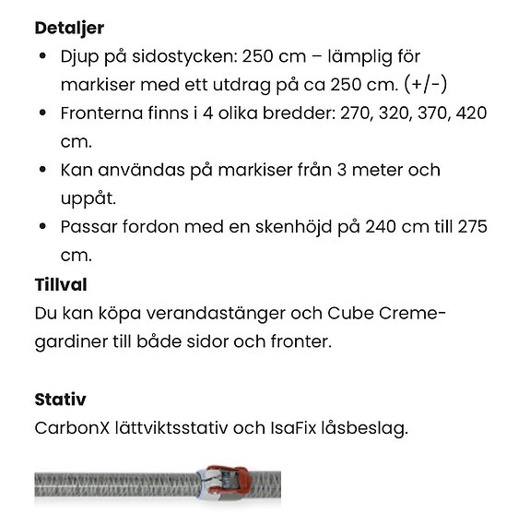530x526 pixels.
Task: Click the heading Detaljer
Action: point(69,28)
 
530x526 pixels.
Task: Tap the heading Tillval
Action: point(61,284)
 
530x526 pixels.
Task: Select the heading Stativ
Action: point(60,400)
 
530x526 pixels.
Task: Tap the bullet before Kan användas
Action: point(43,171)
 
